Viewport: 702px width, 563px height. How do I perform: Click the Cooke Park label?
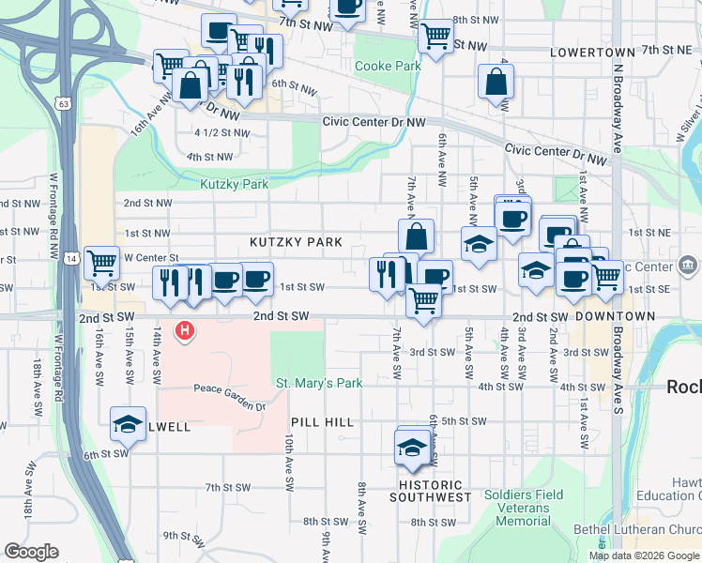[x=388, y=67]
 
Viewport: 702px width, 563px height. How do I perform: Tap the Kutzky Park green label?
[x=235, y=185]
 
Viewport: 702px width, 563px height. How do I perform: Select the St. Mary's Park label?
[x=319, y=383]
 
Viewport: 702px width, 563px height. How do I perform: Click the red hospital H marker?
[x=186, y=330]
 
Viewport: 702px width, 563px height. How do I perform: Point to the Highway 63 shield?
[x=61, y=103]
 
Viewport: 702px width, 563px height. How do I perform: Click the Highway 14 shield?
[x=71, y=257]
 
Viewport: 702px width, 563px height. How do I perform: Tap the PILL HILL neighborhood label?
[x=322, y=423]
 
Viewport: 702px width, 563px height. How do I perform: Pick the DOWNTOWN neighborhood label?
[x=615, y=317]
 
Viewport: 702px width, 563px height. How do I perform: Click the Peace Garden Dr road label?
[x=230, y=388]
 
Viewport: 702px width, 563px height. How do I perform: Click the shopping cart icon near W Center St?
[x=101, y=264]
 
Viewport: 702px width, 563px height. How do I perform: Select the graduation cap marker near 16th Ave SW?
[x=129, y=423]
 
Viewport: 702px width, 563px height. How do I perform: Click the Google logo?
[x=31, y=552]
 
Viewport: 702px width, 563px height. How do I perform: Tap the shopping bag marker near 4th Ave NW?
[x=495, y=82]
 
